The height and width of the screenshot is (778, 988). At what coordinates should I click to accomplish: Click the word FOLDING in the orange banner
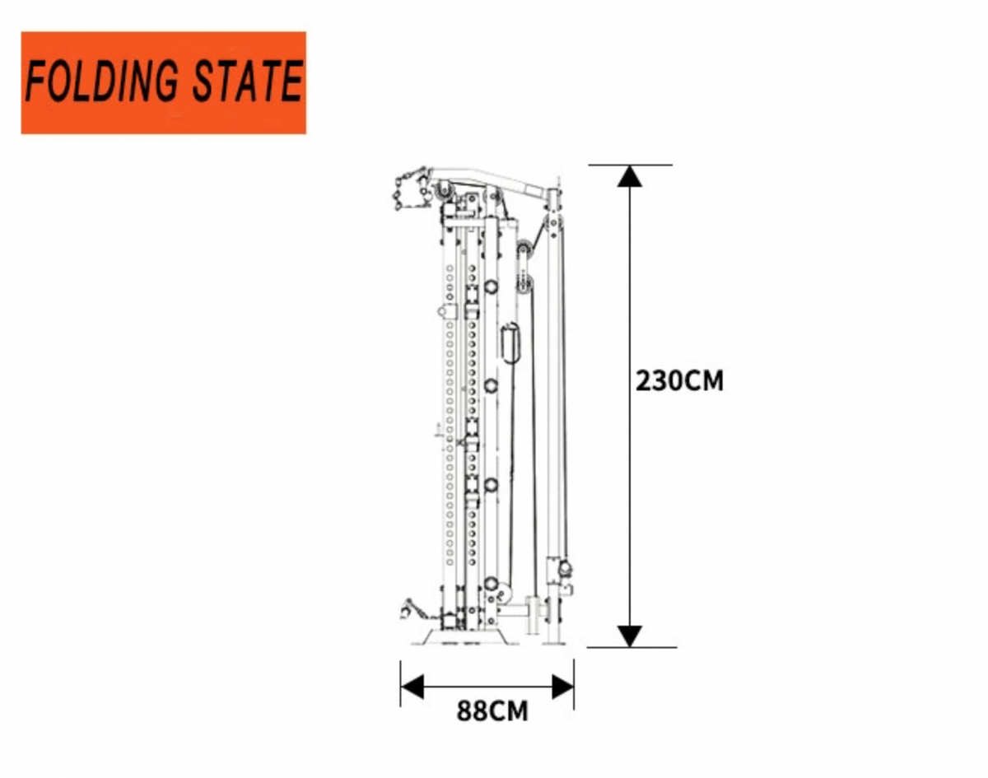(x=101, y=81)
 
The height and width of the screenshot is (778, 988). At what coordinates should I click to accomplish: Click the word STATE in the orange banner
(x=249, y=81)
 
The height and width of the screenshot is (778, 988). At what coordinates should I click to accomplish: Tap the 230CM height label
(x=679, y=380)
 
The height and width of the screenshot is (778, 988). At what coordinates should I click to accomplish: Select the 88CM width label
(x=492, y=711)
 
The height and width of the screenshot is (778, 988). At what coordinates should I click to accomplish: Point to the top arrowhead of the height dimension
(x=629, y=176)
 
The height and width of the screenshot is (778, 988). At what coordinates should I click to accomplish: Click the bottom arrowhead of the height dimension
(x=629, y=636)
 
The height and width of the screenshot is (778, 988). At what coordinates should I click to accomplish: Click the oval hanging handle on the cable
(x=510, y=343)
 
